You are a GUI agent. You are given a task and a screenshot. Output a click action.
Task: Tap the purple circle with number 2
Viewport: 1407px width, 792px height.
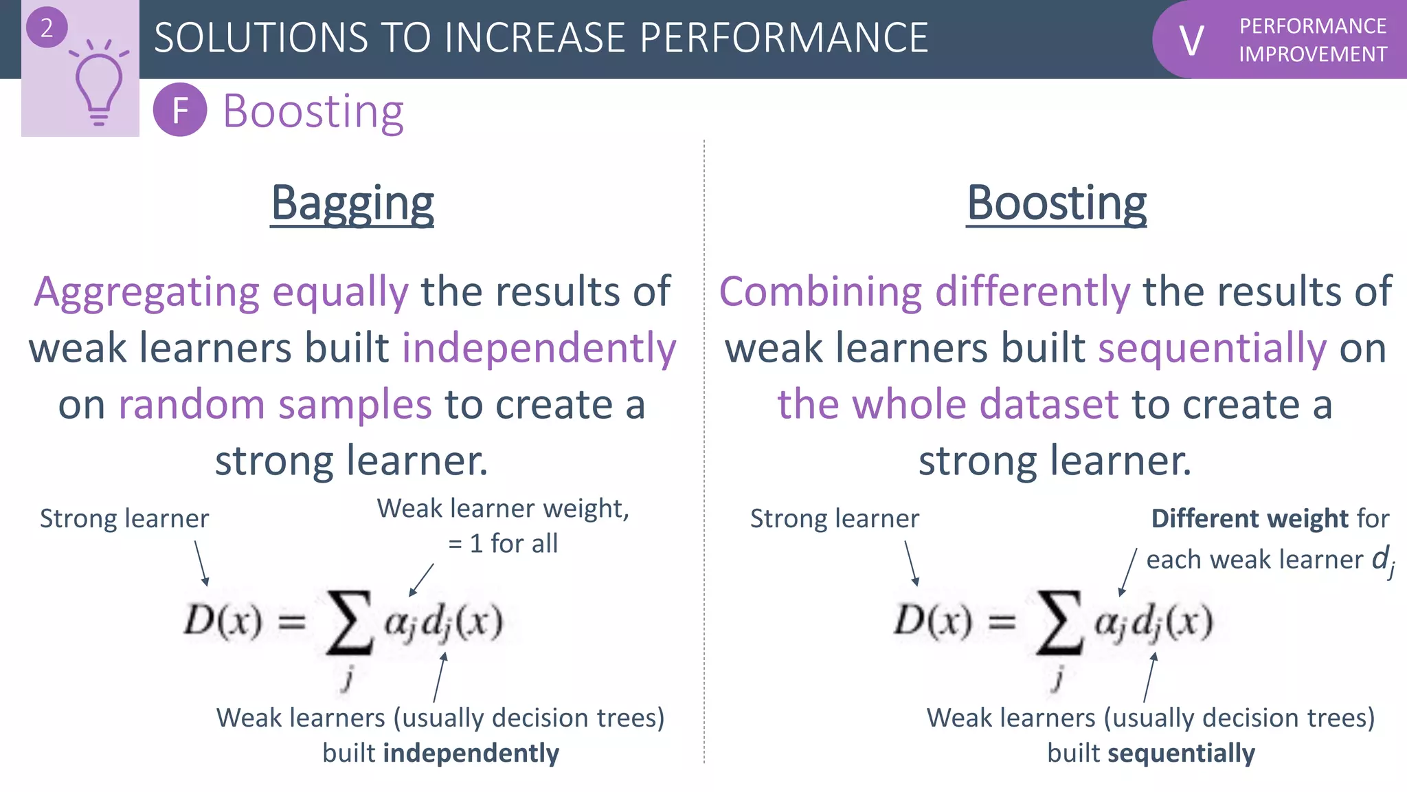click(47, 28)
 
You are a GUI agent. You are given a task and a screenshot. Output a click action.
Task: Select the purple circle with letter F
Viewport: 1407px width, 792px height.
click(180, 110)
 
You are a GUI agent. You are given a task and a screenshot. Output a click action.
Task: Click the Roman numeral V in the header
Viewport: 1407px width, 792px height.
click(1191, 41)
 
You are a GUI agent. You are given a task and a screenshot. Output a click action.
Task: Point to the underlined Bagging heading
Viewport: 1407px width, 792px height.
click(352, 203)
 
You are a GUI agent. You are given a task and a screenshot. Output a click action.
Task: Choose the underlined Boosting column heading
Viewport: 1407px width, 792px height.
click(1057, 203)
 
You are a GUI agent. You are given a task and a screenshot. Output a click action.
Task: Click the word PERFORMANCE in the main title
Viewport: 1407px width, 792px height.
click(784, 38)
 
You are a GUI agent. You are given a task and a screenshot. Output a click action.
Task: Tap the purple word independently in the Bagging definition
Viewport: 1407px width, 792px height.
click(539, 348)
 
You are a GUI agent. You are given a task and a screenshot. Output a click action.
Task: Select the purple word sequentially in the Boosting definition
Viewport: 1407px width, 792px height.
click(1213, 348)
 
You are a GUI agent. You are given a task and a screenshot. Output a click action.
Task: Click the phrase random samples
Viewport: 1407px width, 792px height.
click(275, 404)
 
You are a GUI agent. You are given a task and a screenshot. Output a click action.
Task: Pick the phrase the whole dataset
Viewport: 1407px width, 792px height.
click(948, 404)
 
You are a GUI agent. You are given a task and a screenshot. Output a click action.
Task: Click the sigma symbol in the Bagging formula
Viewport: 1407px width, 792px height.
click(350, 621)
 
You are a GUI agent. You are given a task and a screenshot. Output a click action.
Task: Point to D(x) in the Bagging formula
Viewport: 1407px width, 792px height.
click(223, 620)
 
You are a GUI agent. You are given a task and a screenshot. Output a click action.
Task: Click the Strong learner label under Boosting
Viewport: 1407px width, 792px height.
click(834, 518)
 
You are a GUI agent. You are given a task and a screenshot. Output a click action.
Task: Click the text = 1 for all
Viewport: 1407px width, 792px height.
click(503, 544)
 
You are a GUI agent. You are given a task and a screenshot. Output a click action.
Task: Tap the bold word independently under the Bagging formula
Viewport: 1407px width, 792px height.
click(471, 753)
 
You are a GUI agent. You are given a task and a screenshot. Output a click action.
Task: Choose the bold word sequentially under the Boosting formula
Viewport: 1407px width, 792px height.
click(1181, 753)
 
